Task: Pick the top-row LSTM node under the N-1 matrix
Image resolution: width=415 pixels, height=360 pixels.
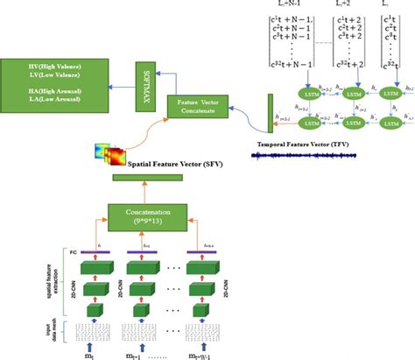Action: pos(313,93)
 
